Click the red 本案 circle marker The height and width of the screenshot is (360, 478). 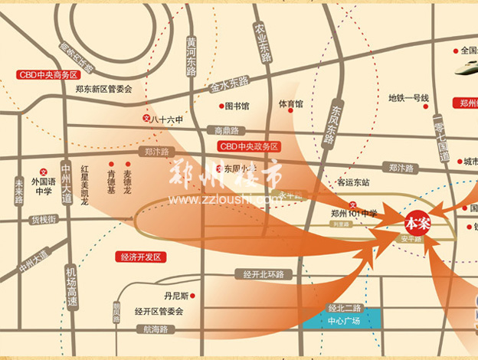point(418,221)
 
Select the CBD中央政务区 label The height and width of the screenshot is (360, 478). point(249,146)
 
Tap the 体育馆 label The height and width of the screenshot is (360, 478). point(290,103)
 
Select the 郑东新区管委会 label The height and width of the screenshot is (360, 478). point(104,89)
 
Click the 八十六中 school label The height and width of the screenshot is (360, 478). point(165,119)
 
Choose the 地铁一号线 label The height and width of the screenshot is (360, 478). point(408,97)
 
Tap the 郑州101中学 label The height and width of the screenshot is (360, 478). point(355,212)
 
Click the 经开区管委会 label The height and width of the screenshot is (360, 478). point(159,311)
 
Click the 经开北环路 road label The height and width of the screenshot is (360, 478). point(264,273)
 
